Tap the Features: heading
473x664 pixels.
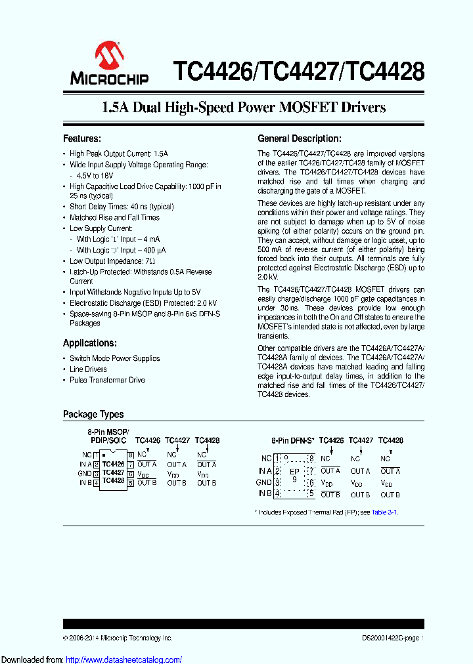pyautogui.click(x=82, y=138)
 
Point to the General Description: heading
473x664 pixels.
pyautogui.click(x=300, y=138)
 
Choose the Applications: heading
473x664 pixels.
pyautogui.click(x=90, y=343)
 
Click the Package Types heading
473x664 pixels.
pyautogui.click(x=93, y=414)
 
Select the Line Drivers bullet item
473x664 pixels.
pyautogui.click(x=88, y=369)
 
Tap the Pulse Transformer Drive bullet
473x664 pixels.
pyautogui.click(x=107, y=380)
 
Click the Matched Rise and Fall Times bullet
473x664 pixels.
pyautogui.click(x=114, y=218)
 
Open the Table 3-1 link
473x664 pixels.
pyautogui.click(x=384, y=512)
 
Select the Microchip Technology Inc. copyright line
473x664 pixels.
pyautogui.click(x=118, y=638)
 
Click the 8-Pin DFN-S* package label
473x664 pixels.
pyautogui.click(x=293, y=441)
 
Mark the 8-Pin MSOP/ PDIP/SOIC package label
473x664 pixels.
pyautogui.click(x=108, y=436)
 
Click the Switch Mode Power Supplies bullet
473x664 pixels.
pyautogui.click(x=114, y=358)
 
